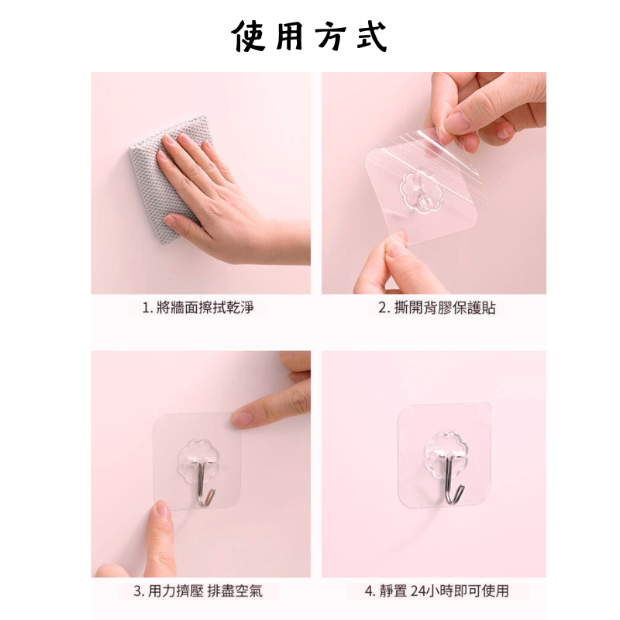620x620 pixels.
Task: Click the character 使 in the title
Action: [x=248, y=36]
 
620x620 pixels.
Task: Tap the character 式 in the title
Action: [x=371, y=36]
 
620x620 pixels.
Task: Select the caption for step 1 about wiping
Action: [x=198, y=307]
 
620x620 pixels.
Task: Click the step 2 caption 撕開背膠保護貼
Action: [x=437, y=308]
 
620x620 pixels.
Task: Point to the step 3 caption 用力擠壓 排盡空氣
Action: [x=198, y=591]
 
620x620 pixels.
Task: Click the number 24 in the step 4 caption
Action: [x=418, y=591]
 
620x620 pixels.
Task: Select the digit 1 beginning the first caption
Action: [x=146, y=308]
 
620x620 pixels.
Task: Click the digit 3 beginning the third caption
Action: [x=138, y=591]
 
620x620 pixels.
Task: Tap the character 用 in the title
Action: [x=289, y=36]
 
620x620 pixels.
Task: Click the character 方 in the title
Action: [x=331, y=36]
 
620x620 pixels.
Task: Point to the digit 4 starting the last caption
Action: [x=369, y=591]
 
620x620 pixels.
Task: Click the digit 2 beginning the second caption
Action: [x=383, y=308]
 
